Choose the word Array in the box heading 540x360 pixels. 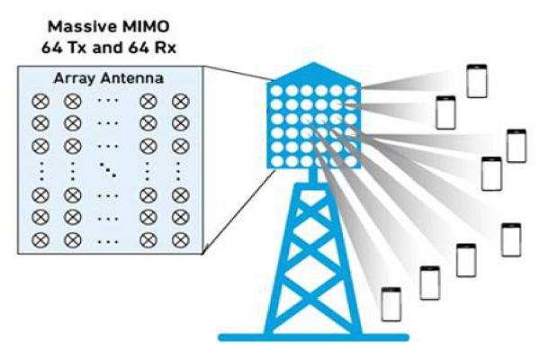pos(78,80)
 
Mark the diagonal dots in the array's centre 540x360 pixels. pos(107,168)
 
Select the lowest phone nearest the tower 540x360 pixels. pos(391,303)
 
